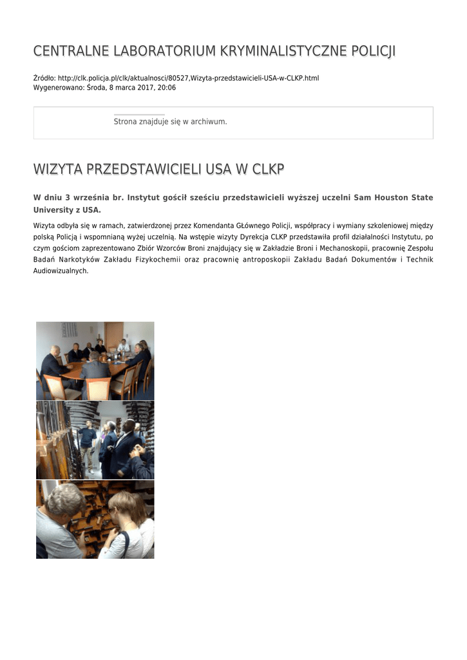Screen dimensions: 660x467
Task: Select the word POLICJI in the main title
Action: pyautogui.click(x=375, y=51)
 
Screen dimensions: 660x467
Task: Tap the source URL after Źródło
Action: pyautogui.click(x=188, y=78)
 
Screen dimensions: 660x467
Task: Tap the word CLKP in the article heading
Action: pyautogui.click(x=268, y=170)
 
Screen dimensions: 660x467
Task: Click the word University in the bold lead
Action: pyautogui.click(x=54, y=210)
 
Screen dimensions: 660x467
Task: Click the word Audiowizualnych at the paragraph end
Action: pyautogui.click(x=61, y=271)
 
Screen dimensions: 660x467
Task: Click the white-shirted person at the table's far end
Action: pyautogui.click(x=123, y=345)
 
